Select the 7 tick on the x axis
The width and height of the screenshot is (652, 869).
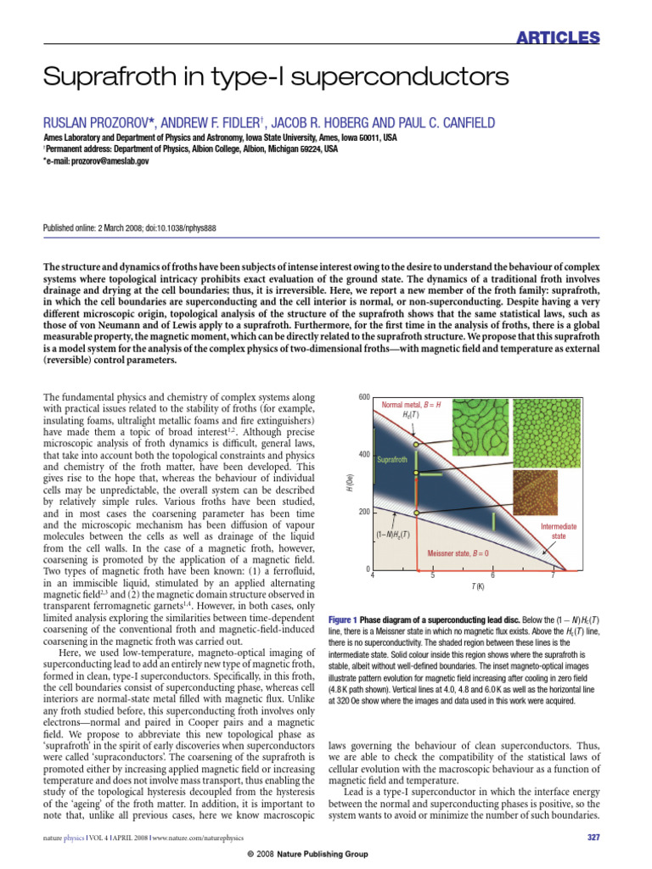pos(553,576)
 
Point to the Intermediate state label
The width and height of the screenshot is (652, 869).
pos(559,531)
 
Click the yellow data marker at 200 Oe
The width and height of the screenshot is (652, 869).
pos(415,513)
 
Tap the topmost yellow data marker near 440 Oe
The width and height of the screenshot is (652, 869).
pos(415,444)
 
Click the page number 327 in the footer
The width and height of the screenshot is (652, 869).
pos(593,838)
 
